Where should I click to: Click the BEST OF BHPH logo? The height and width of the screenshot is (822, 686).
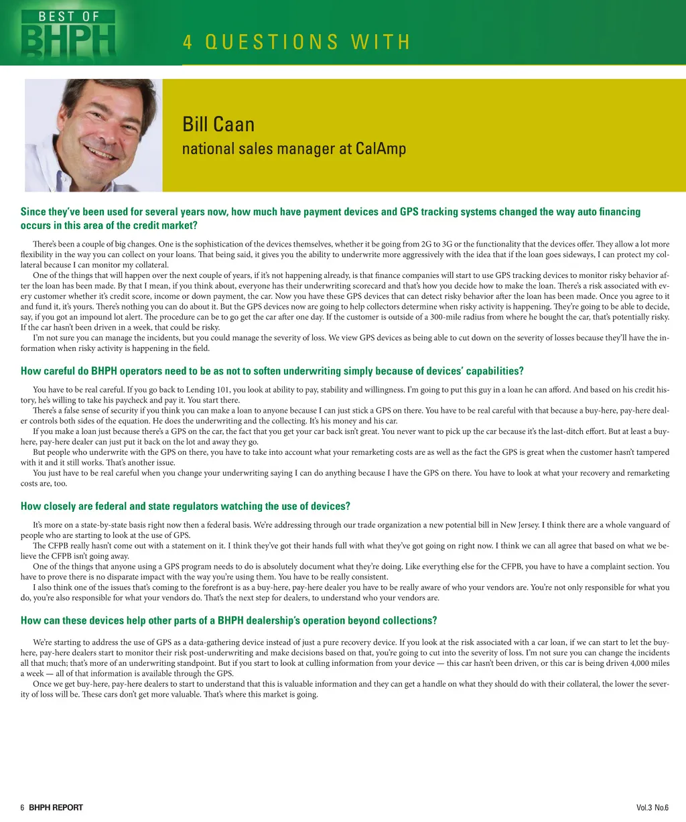[x=68, y=33]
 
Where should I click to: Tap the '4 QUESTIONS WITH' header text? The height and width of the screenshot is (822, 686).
[x=296, y=42]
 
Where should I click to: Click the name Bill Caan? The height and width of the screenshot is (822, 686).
[x=218, y=125]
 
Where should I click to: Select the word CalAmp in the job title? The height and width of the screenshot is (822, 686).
[x=381, y=149]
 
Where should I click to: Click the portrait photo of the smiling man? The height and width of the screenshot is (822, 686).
[x=93, y=135]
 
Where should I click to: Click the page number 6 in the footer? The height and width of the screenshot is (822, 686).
[x=22, y=807]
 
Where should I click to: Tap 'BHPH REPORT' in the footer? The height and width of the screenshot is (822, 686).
[x=56, y=807]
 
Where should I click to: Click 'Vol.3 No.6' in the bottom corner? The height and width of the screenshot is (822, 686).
[x=652, y=807]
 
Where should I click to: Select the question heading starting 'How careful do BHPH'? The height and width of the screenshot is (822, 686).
[x=272, y=371]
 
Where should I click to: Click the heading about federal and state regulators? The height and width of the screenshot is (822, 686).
[x=186, y=506]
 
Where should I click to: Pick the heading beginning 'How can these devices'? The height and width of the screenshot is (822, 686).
[x=228, y=620]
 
